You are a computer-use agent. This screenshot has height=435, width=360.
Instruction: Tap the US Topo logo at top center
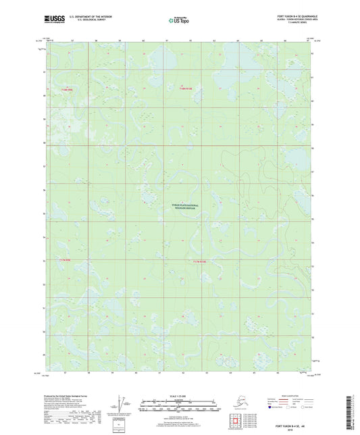(178, 20)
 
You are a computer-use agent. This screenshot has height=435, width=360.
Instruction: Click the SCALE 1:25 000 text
(179, 394)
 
